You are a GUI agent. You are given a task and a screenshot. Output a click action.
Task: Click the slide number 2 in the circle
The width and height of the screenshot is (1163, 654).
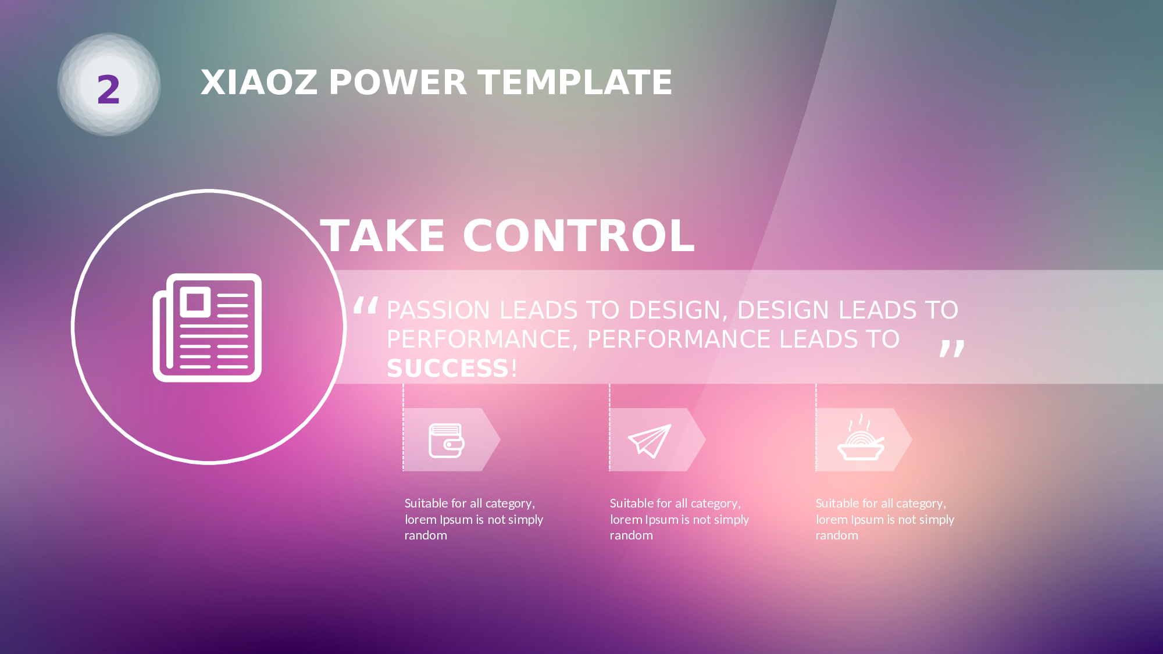[x=109, y=90]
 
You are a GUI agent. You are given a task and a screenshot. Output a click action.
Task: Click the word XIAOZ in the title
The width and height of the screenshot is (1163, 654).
[x=259, y=83]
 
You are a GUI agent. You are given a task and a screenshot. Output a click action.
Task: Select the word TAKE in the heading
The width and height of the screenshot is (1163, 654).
[x=383, y=236]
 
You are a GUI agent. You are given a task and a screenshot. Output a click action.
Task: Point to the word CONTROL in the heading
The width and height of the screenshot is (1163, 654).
[x=579, y=236]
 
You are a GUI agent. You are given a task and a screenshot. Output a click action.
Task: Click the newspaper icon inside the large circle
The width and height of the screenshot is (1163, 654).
[x=207, y=327]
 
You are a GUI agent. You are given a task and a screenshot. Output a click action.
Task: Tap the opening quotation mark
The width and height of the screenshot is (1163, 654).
[x=366, y=305]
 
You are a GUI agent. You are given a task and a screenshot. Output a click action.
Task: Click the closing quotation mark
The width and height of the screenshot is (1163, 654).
[x=952, y=348]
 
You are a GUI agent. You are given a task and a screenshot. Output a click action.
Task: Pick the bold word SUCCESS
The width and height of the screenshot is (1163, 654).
[x=448, y=369]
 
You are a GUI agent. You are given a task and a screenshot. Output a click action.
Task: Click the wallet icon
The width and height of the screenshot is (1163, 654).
[x=446, y=440]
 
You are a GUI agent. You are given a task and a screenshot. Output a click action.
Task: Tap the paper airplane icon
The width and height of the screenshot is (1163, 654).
[x=650, y=441]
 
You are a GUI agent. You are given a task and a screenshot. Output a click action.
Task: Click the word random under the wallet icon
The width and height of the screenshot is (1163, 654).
[x=426, y=535]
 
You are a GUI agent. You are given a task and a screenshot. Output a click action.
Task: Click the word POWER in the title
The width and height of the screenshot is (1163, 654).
[x=398, y=83]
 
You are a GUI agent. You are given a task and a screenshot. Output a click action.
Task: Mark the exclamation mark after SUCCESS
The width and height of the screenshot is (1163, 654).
[x=514, y=369]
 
